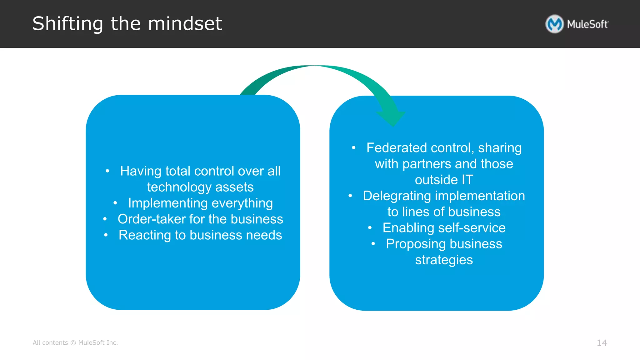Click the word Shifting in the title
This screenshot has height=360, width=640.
coord(67,24)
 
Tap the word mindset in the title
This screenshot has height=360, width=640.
coord(185,24)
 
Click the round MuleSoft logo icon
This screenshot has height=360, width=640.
coord(554,24)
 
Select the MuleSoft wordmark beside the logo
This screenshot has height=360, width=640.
coord(587,24)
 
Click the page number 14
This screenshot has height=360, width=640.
coord(602,343)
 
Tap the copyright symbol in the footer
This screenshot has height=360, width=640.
coord(73,343)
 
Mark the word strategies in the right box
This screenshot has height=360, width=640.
coord(444,260)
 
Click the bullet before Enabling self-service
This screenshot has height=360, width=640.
coord(370,228)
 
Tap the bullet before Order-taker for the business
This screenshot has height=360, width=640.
coord(105,219)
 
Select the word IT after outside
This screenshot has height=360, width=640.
coord(467,180)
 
